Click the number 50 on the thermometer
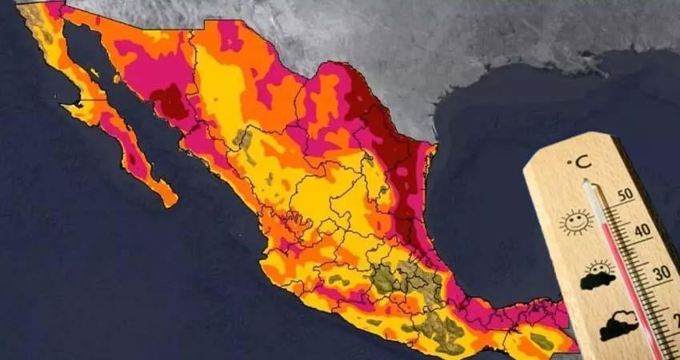click(626, 194)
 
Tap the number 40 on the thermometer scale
click(640, 231)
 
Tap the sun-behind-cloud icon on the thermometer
click(598, 274)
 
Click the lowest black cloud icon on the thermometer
click(619, 327)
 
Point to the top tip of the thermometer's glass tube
click(588, 186)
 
